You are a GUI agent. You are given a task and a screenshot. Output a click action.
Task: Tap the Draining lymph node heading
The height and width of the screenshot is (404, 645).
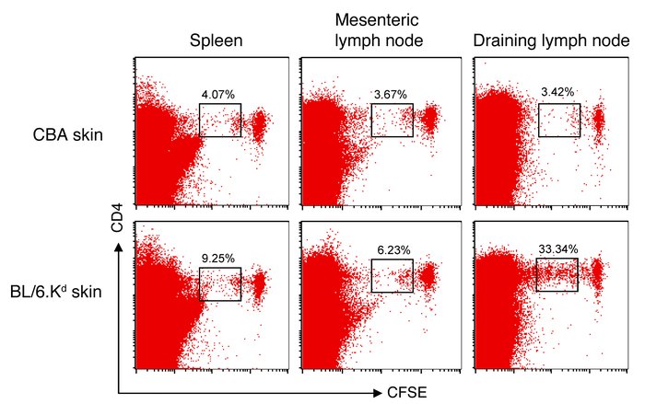544,42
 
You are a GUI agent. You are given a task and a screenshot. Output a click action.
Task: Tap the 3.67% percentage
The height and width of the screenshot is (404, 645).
393,94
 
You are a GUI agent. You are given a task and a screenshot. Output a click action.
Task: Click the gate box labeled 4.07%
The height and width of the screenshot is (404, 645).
220,120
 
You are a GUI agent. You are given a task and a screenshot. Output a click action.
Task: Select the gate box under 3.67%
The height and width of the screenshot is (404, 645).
393,120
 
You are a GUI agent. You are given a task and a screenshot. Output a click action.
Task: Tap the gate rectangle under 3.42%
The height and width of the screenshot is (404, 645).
559,120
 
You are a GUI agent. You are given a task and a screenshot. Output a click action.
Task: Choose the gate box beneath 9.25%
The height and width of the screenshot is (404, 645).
219,283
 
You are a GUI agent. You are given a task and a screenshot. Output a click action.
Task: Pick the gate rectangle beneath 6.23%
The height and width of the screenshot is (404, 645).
392,276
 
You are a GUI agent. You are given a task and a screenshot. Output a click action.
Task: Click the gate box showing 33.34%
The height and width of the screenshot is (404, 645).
557,274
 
